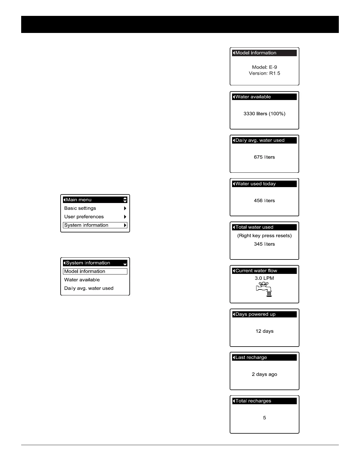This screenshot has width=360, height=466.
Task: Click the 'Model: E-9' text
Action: (264, 67)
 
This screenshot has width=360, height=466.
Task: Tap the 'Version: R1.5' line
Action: (264, 73)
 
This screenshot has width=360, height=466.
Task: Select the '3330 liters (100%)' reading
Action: (264, 114)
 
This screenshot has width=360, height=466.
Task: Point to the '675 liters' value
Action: (264, 157)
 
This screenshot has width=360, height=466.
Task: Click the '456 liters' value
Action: (264, 201)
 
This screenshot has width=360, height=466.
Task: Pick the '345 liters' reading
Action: (264, 244)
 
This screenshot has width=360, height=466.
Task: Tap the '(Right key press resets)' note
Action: (264, 236)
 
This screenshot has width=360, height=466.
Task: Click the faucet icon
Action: (264, 289)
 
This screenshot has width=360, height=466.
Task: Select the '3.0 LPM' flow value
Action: (264, 278)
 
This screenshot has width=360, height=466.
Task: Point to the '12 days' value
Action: (264, 331)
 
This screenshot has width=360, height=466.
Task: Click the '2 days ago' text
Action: (264, 375)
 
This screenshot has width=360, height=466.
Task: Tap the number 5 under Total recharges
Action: (264, 418)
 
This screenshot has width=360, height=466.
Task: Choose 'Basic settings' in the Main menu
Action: (80, 208)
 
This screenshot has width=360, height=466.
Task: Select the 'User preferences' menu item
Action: (84, 217)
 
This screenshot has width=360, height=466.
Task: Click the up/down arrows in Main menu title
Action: (125, 200)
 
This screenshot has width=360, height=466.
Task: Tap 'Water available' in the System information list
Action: (82, 280)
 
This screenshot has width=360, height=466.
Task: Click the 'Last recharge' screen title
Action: (251, 357)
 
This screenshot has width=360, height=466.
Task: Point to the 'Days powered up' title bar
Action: (255, 314)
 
